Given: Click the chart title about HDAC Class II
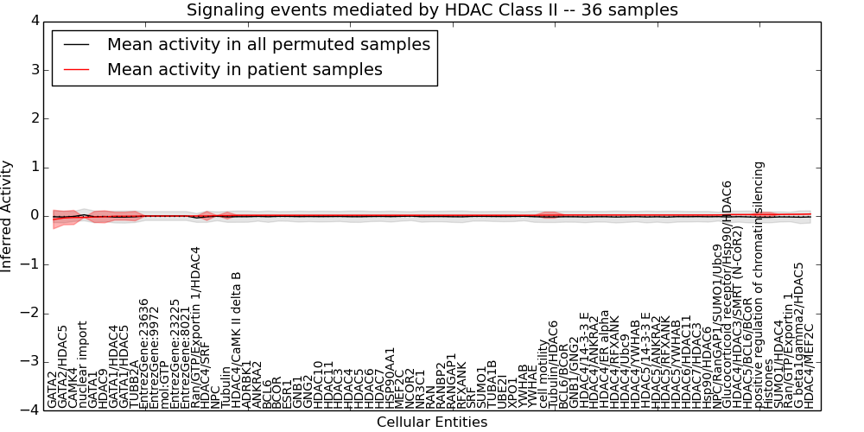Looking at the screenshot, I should coord(432,10).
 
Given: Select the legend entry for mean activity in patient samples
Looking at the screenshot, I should coord(245,69).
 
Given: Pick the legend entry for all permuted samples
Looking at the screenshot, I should coord(268,44).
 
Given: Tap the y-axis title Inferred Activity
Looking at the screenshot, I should coord(8,216).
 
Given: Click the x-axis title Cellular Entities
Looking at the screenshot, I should coord(432,422).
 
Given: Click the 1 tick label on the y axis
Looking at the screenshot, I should coord(35,167).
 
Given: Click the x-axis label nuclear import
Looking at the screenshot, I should coord(83,364).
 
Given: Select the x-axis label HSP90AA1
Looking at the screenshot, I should coord(390,377).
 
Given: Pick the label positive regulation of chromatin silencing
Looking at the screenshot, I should coord(759,284).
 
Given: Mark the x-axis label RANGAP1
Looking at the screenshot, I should coord(451,380).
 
